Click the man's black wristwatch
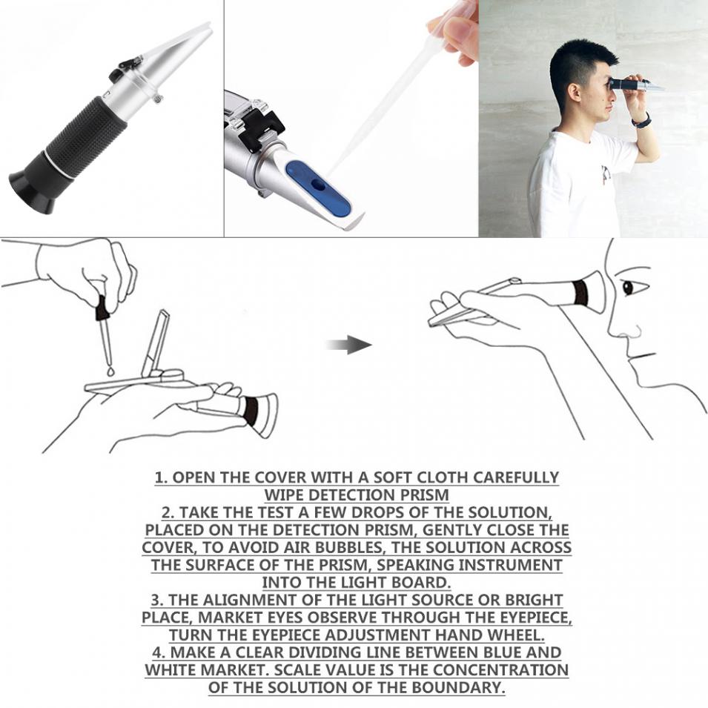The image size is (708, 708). [x=642, y=121]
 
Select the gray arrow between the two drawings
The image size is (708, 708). [x=349, y=345]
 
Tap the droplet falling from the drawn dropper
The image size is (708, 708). [x=109, y=370]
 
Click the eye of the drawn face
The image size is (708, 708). [x=629, y=288]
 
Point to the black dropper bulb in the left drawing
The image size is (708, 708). [x=101, y=307]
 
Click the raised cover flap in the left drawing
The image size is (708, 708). [x=155, y=341]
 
